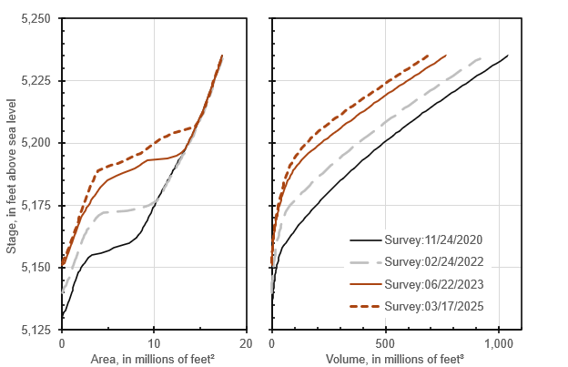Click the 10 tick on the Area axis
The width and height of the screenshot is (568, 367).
pyautogui.click(x=154, y=343)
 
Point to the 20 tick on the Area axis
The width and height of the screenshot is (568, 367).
pyautogui.click(x=246, y=343)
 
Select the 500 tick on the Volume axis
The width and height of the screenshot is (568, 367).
pyautogui.click(x=385, y=343)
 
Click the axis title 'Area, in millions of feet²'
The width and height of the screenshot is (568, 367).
pyautogui.click(x=154, y=360)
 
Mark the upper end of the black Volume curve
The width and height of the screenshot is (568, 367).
pyautogui.click(x=507, y=56)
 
